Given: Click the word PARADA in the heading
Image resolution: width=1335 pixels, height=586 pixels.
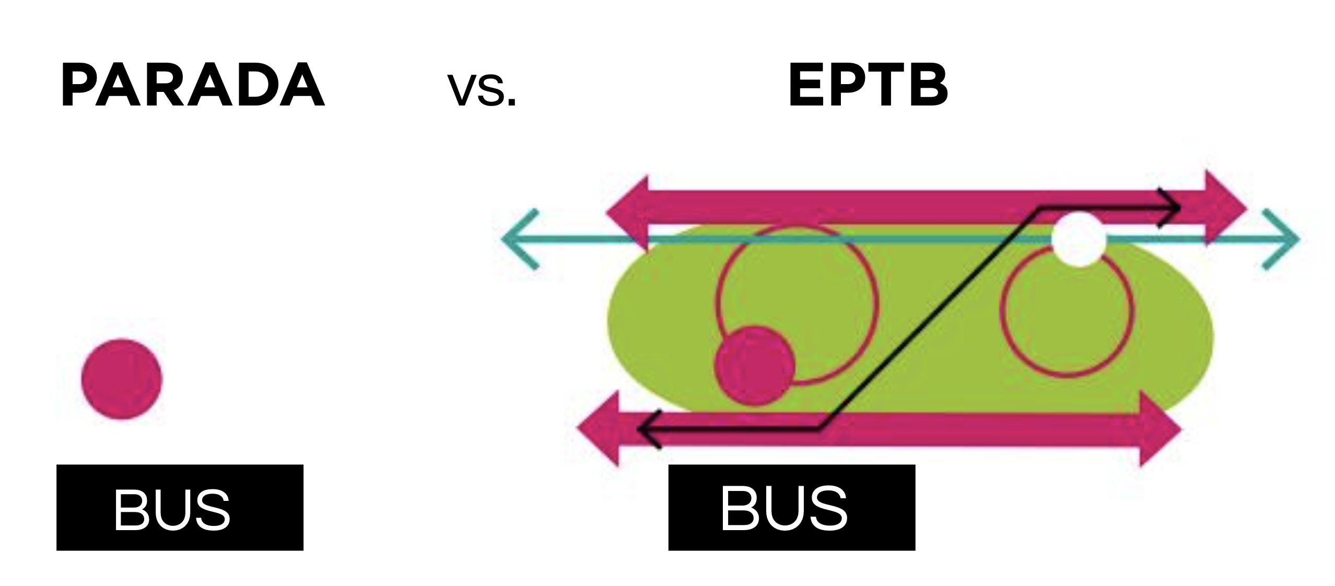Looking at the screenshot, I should [x=192, y=85].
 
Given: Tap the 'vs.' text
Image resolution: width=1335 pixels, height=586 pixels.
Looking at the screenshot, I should [x=482, y=90].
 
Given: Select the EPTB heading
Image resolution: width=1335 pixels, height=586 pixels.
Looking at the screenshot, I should [x=868, y=85].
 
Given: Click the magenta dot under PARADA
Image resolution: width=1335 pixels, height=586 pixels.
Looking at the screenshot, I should [x=122, y=379].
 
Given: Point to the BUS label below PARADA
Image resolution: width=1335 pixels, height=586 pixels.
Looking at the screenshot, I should [x=179, y=507].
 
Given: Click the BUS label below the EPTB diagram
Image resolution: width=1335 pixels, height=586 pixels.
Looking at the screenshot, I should [x=791, y=507].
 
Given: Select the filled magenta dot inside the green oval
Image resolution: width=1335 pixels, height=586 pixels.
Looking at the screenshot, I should [x=755, y=365].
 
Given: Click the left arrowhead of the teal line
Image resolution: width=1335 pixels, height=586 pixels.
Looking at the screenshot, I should [x=514, y=239].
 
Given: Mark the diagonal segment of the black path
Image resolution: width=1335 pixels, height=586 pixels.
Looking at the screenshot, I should [x=927, y=319].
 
